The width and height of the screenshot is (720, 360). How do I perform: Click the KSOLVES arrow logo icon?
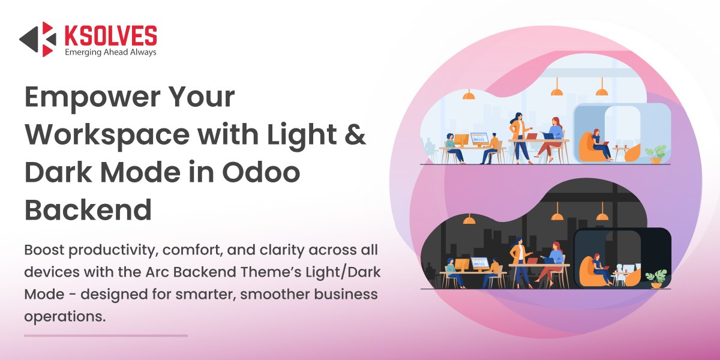point(38,39)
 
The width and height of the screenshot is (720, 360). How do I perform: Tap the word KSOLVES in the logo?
point(111,35)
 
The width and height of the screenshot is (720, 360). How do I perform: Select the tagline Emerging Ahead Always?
point(110,52)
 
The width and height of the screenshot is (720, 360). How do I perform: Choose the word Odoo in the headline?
point(261,173)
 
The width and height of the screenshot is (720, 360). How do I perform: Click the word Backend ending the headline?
point(88,210)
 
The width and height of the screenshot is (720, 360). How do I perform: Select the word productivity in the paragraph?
point(112,251)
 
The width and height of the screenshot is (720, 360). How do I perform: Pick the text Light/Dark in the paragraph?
point(343,272)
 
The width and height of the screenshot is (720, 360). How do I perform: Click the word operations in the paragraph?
point(65,317)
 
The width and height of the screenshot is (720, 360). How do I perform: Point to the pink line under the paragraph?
point(106,335)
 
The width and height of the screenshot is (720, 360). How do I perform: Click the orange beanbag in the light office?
point(587,148)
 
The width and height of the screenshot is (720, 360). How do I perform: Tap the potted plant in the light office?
point(656,154)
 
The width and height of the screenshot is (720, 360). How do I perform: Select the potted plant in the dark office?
point(656,278)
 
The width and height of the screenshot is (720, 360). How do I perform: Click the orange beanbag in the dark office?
point(588,272)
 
